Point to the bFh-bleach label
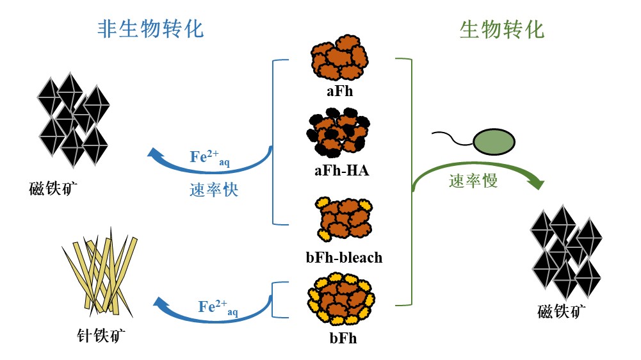(344, 258)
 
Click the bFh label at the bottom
(343, 338)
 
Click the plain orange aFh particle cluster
(339, 61)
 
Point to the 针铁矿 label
(95, 334)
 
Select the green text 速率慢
(473, 181)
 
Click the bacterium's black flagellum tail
(452, 136)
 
